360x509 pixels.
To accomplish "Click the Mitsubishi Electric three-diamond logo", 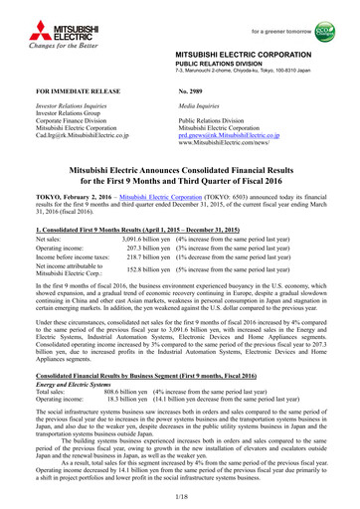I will click(x=22, y=18).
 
